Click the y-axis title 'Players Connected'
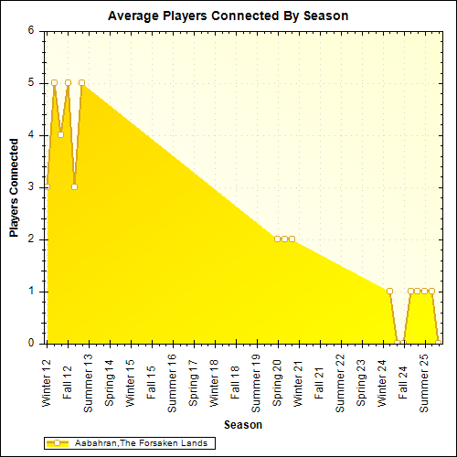[15, 187]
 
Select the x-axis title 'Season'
[242, 425]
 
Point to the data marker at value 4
[60, 134]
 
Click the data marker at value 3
[74, 186]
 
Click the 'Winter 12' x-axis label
[48, 379]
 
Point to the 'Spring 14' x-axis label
[111, 379]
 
